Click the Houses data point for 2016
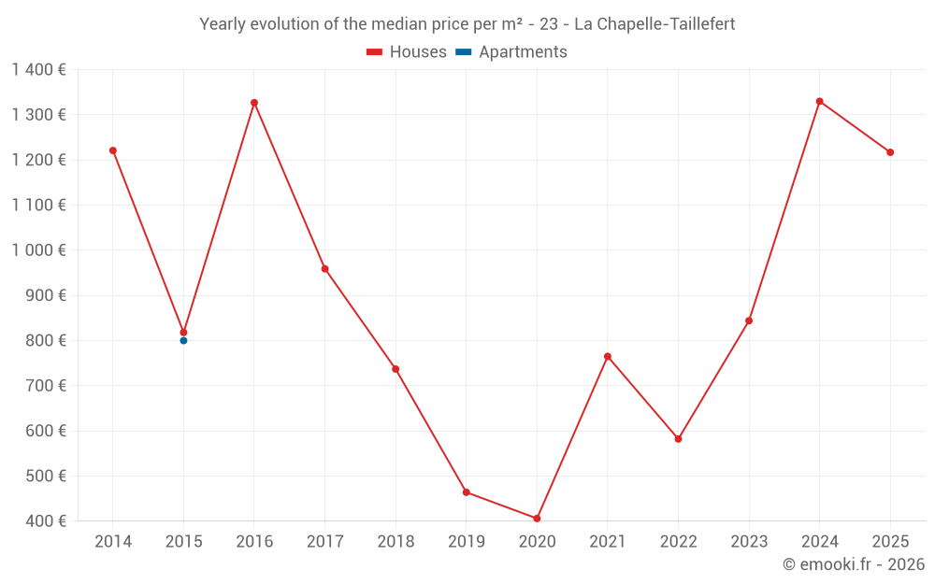pos(254,103)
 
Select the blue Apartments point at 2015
pos(183,340)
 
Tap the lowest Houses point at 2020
pos(537,519)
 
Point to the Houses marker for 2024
pos(820,101)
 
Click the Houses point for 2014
pos(113,150)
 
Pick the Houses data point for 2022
pos(678,439)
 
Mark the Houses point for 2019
pos(466,492)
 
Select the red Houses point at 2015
pos(183,333)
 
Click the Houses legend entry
pos(407,52)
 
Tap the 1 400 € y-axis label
pos(38,69)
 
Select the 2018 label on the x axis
pos(396,542)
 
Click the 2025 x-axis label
pos(890,542)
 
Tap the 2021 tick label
pos(608,542)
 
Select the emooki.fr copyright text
pos(854,564)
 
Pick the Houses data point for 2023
pos(749,320)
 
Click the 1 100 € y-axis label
pos(38,205)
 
